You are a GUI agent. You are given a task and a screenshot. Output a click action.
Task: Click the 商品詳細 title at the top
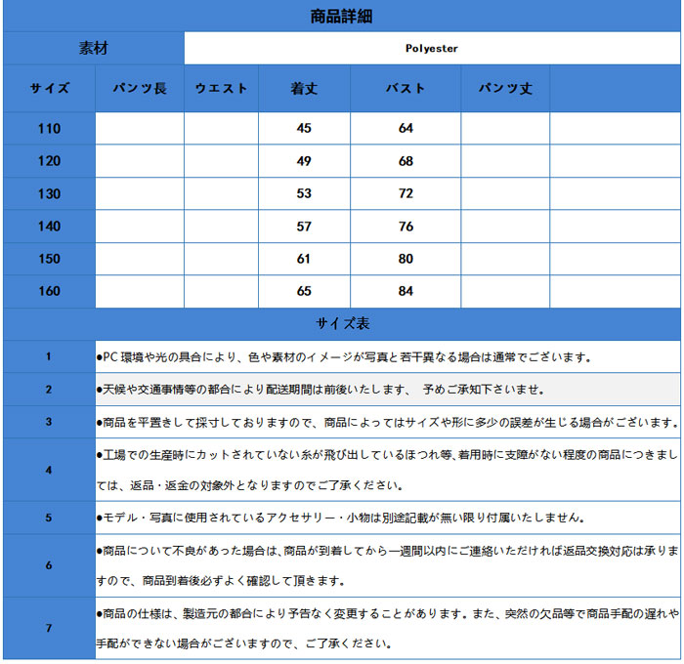(x=341, y=16)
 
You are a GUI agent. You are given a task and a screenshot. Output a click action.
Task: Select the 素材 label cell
(x=93, y=48)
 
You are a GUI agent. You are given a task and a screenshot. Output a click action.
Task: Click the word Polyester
(x=431, y=48)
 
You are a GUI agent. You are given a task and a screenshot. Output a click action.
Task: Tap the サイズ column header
(x=49, y=88)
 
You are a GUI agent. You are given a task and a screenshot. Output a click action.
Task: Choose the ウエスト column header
(x=221, y=88)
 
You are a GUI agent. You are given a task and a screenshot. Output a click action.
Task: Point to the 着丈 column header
(x=304, y=88)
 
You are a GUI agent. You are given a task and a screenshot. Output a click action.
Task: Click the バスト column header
(x=406, y=88)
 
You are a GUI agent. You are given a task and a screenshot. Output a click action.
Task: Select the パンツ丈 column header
(x=505, y=88)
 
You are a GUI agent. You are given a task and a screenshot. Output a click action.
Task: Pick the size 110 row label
(x=49, y=129)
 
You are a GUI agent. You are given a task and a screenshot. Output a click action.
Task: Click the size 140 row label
(x=49, y=227)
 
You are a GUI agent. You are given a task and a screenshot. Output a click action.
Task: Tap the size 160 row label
(x=49, y=291)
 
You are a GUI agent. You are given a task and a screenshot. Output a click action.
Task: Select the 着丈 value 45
(x=304, y=129)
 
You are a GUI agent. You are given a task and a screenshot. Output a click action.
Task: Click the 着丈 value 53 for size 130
(x=304, y=193)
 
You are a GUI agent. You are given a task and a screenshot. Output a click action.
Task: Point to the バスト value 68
(x=406, y=161)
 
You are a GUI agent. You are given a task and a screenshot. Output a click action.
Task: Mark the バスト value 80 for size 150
(x=406, y=259)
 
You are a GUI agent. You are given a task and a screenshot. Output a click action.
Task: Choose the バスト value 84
(x=406, y=291)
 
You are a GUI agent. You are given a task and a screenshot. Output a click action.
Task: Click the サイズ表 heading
(x=341, y=323)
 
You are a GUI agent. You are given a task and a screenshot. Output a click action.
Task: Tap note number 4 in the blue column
(x=49, y=470)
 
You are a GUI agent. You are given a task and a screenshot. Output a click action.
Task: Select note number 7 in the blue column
(x=49, y=628)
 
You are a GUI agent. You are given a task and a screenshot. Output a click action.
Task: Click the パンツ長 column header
(x=140, y=88)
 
